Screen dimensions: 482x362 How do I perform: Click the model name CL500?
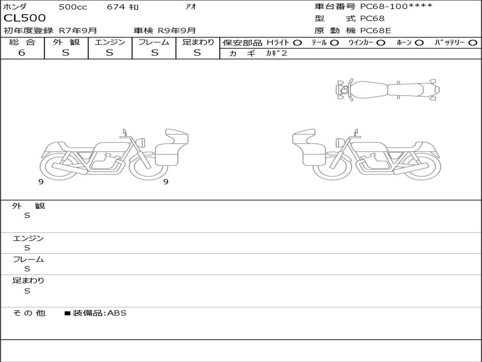(24, 18)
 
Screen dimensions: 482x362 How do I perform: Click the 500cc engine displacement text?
(73, 7)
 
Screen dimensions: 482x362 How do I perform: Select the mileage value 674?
(116, 7)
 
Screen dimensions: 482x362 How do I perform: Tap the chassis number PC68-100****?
(396, 6)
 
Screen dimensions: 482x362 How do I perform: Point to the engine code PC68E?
(375, 31)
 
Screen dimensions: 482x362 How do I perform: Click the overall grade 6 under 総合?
(22, 52)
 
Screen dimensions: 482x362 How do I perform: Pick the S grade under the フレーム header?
(154, 53)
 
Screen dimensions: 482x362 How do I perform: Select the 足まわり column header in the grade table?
(198, 42)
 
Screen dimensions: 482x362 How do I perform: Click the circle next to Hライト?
(297, 43)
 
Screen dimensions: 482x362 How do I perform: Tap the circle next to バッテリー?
(473, 43)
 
